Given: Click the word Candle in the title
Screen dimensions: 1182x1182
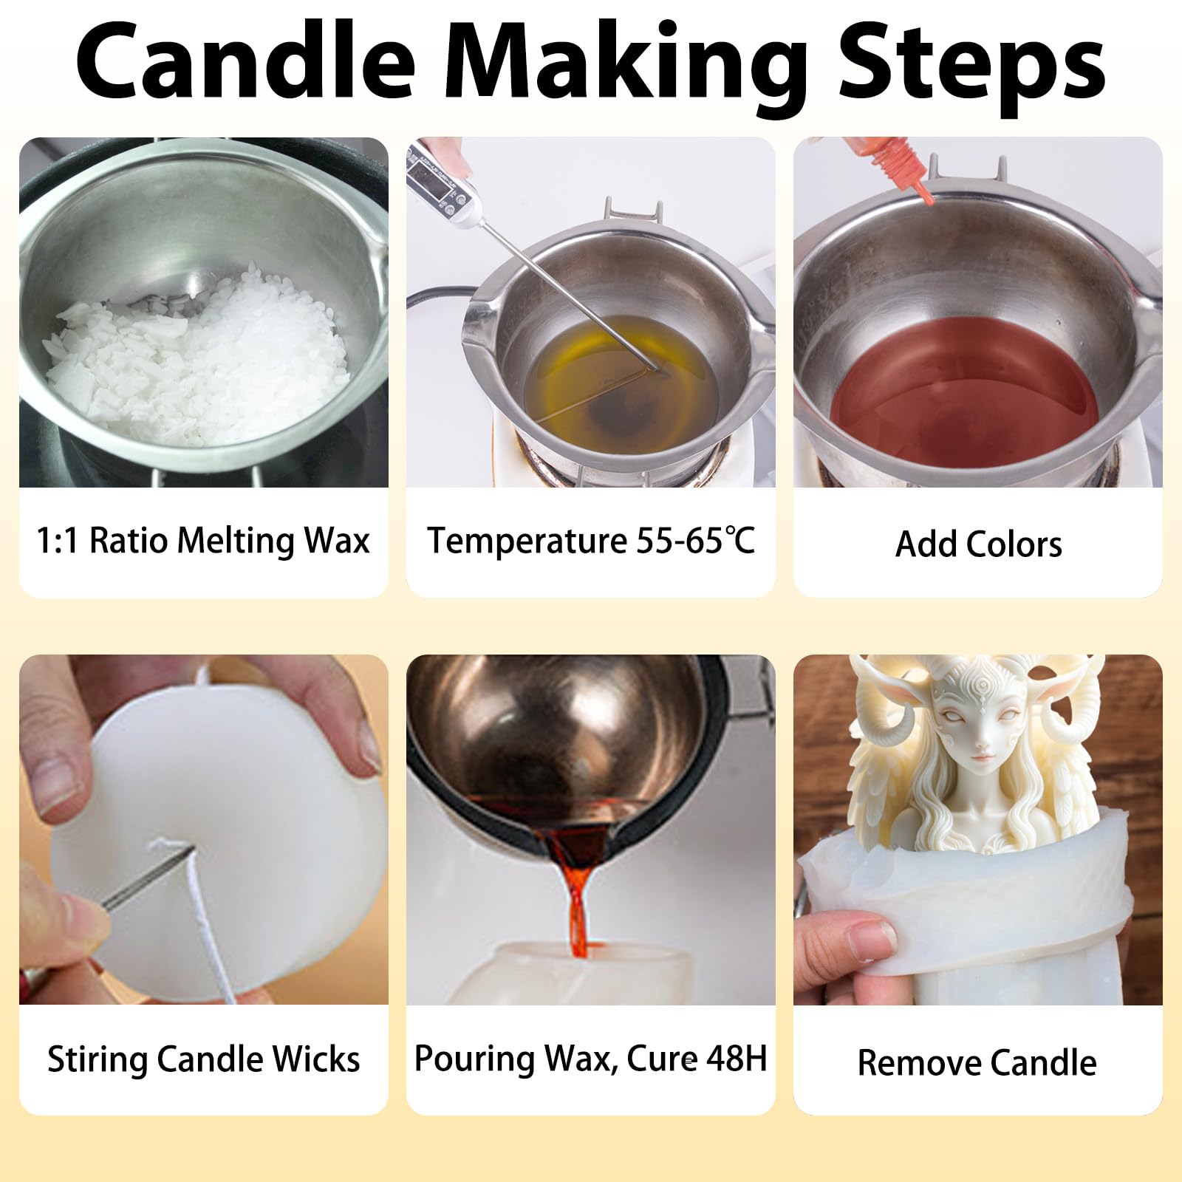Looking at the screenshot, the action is click(x=245, y=61).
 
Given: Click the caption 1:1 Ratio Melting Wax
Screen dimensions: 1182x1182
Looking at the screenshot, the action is click(x=203, y=540).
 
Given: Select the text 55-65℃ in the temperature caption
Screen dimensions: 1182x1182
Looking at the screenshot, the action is click(x=695, y=540).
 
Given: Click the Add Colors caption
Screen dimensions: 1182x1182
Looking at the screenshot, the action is click(x=978, y=544).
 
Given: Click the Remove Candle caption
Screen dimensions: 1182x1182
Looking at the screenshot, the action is click(x=977, y=1062).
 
